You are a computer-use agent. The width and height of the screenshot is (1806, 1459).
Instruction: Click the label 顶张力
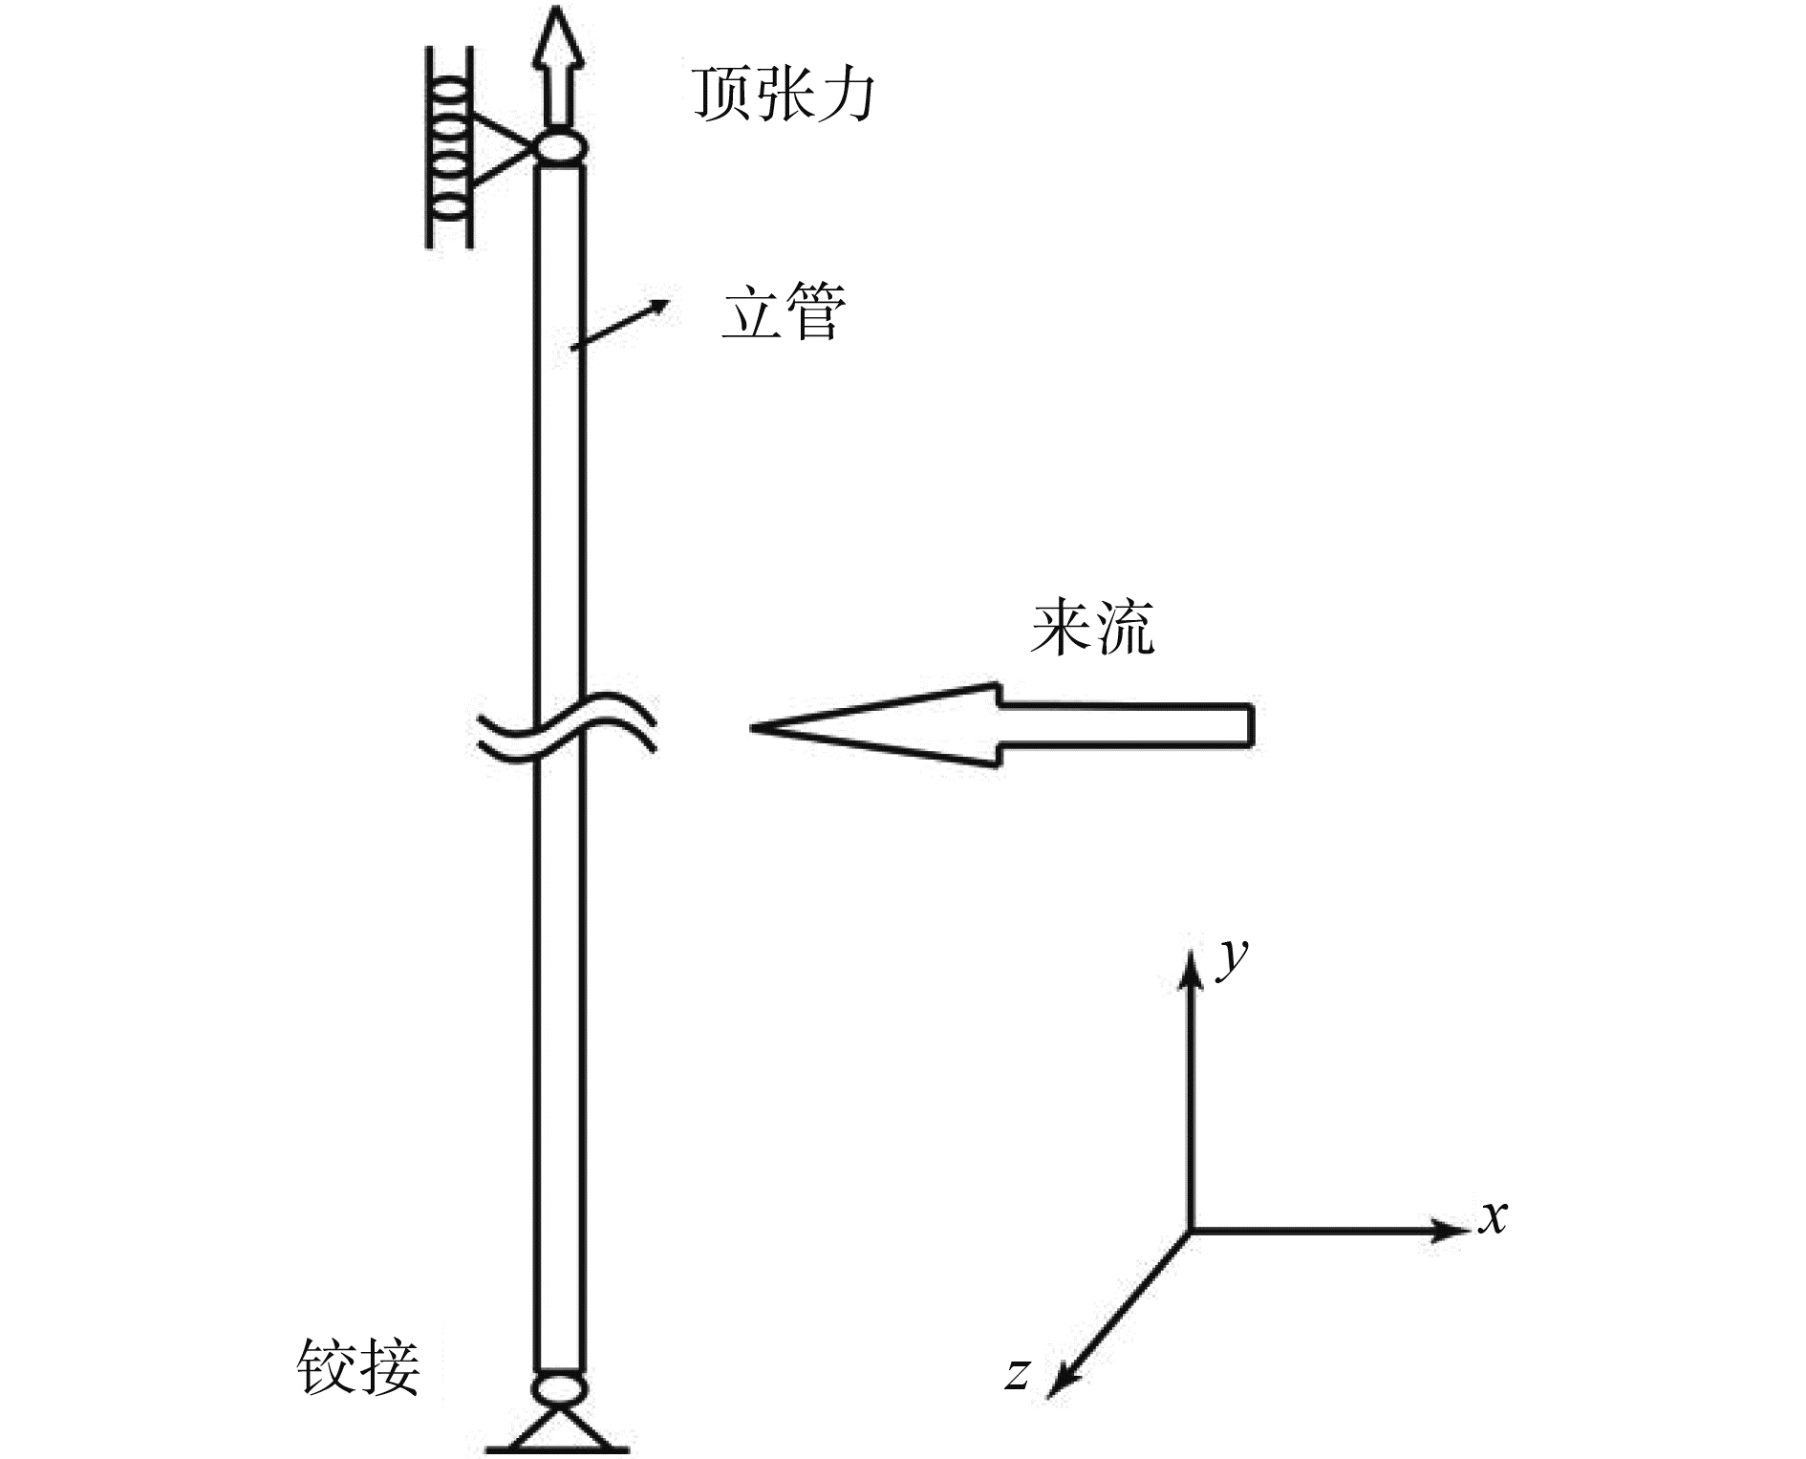pyautogui.click(x=783, y=95)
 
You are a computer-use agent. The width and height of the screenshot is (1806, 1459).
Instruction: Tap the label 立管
pyautogui.click(x=783, y=312)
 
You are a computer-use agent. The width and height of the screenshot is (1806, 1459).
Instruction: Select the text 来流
pyautogui.click(x=1092, y=628)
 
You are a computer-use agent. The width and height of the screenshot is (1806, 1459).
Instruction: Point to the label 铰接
pyautogui.click(x=358, y=1366)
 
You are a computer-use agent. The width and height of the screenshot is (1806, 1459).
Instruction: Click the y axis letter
pyautogui.click(x=1234, y=958)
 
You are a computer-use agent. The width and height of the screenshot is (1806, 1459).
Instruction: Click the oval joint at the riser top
pyautogui.click(x=559, y=149)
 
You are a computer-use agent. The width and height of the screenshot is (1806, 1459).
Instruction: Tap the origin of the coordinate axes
pyautogui.click(x=1191, y=1231)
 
